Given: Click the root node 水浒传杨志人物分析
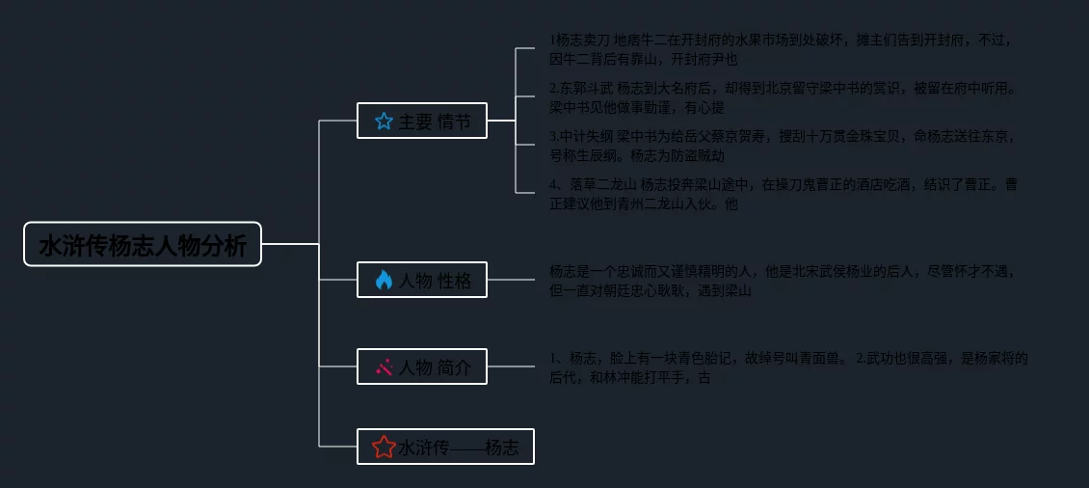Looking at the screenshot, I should [143, 245].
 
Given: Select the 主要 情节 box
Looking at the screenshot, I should [422, 121].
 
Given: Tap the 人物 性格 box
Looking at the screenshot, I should [422, 280].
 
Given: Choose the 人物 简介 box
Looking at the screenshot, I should [422, 366].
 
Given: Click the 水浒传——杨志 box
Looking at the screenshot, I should [445, 447].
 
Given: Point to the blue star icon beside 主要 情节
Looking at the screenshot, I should [384, 121].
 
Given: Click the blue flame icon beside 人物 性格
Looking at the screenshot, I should [384, 280].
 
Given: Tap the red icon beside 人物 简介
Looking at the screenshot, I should [384, 366].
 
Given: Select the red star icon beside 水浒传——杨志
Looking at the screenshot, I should [384, 447].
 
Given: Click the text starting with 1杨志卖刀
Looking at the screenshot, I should [781, 49].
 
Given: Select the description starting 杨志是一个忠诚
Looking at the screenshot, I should [781, 281].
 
